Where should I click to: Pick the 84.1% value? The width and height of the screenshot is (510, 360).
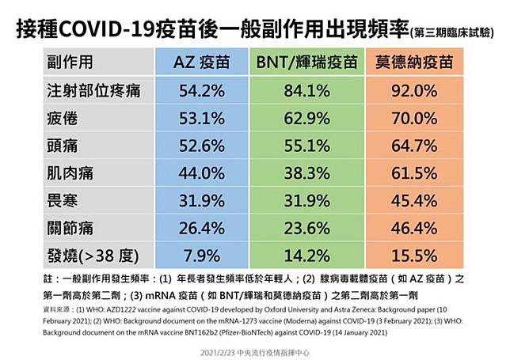tap(306, 90)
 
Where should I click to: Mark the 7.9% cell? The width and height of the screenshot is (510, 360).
tap(203, 256)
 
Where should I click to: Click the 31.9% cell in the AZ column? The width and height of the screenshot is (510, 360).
tap(203, 200)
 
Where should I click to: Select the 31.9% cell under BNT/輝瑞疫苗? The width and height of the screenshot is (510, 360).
tap(306, 200)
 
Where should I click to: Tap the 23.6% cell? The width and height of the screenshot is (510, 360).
tap(306, 228)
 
